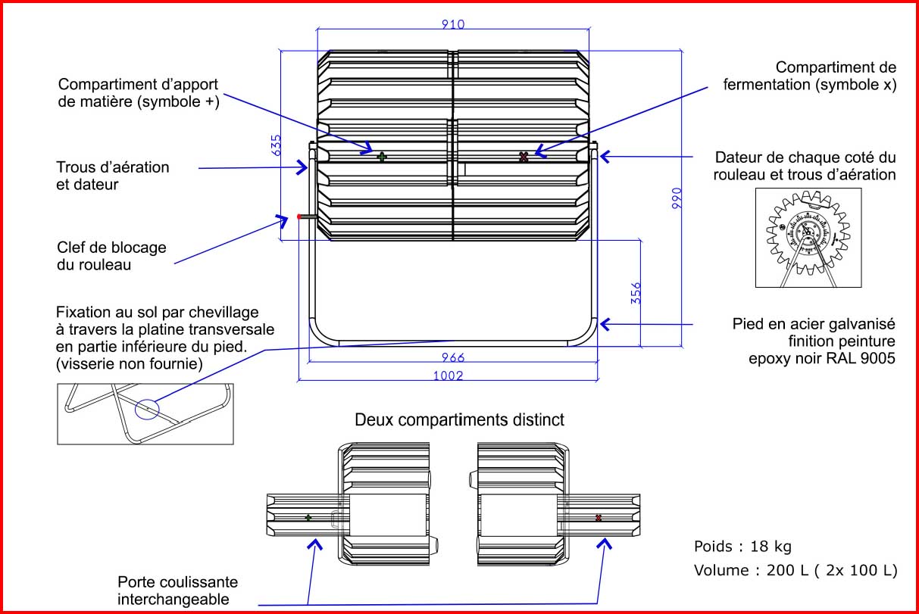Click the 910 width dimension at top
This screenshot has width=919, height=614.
(x=453, y=23)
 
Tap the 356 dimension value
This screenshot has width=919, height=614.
(x=636, y=293)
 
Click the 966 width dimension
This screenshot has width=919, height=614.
(x=452, y=357)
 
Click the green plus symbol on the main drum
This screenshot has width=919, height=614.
(x=383, y=157)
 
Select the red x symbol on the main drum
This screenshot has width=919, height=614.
(x=523, y=157)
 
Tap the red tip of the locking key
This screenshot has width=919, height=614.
(x=300, y=217)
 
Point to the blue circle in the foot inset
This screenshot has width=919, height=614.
(x=147, y=410)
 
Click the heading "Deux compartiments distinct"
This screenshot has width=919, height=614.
(x=459, y=419)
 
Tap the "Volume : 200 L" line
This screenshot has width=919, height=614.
(x=795, y=570)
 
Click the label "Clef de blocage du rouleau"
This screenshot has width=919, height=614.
(x=111, y=256)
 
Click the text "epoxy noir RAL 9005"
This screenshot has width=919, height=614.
(x=820, y=359)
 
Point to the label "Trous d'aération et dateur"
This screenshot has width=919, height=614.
(x=113, y=175)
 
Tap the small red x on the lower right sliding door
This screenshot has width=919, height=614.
(x=599, y=518)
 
